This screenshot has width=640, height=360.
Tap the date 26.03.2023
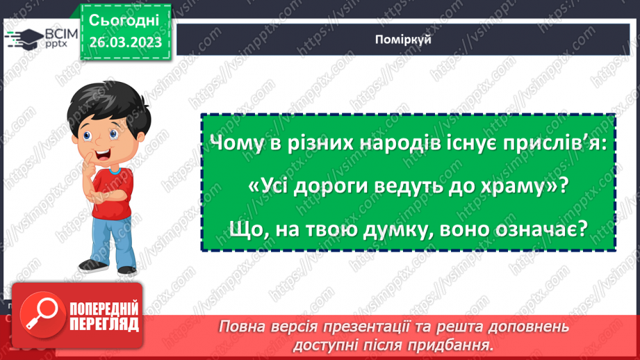click(125, 42)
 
